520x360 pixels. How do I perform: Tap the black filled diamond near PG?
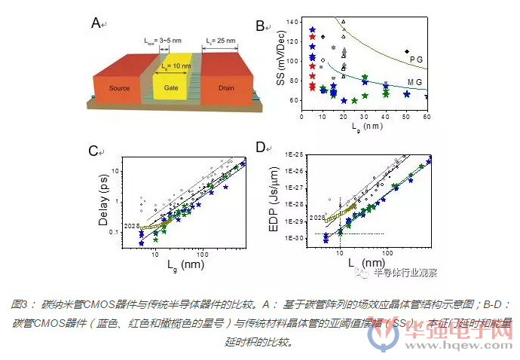pyautogui.click(x=408, y=50)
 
